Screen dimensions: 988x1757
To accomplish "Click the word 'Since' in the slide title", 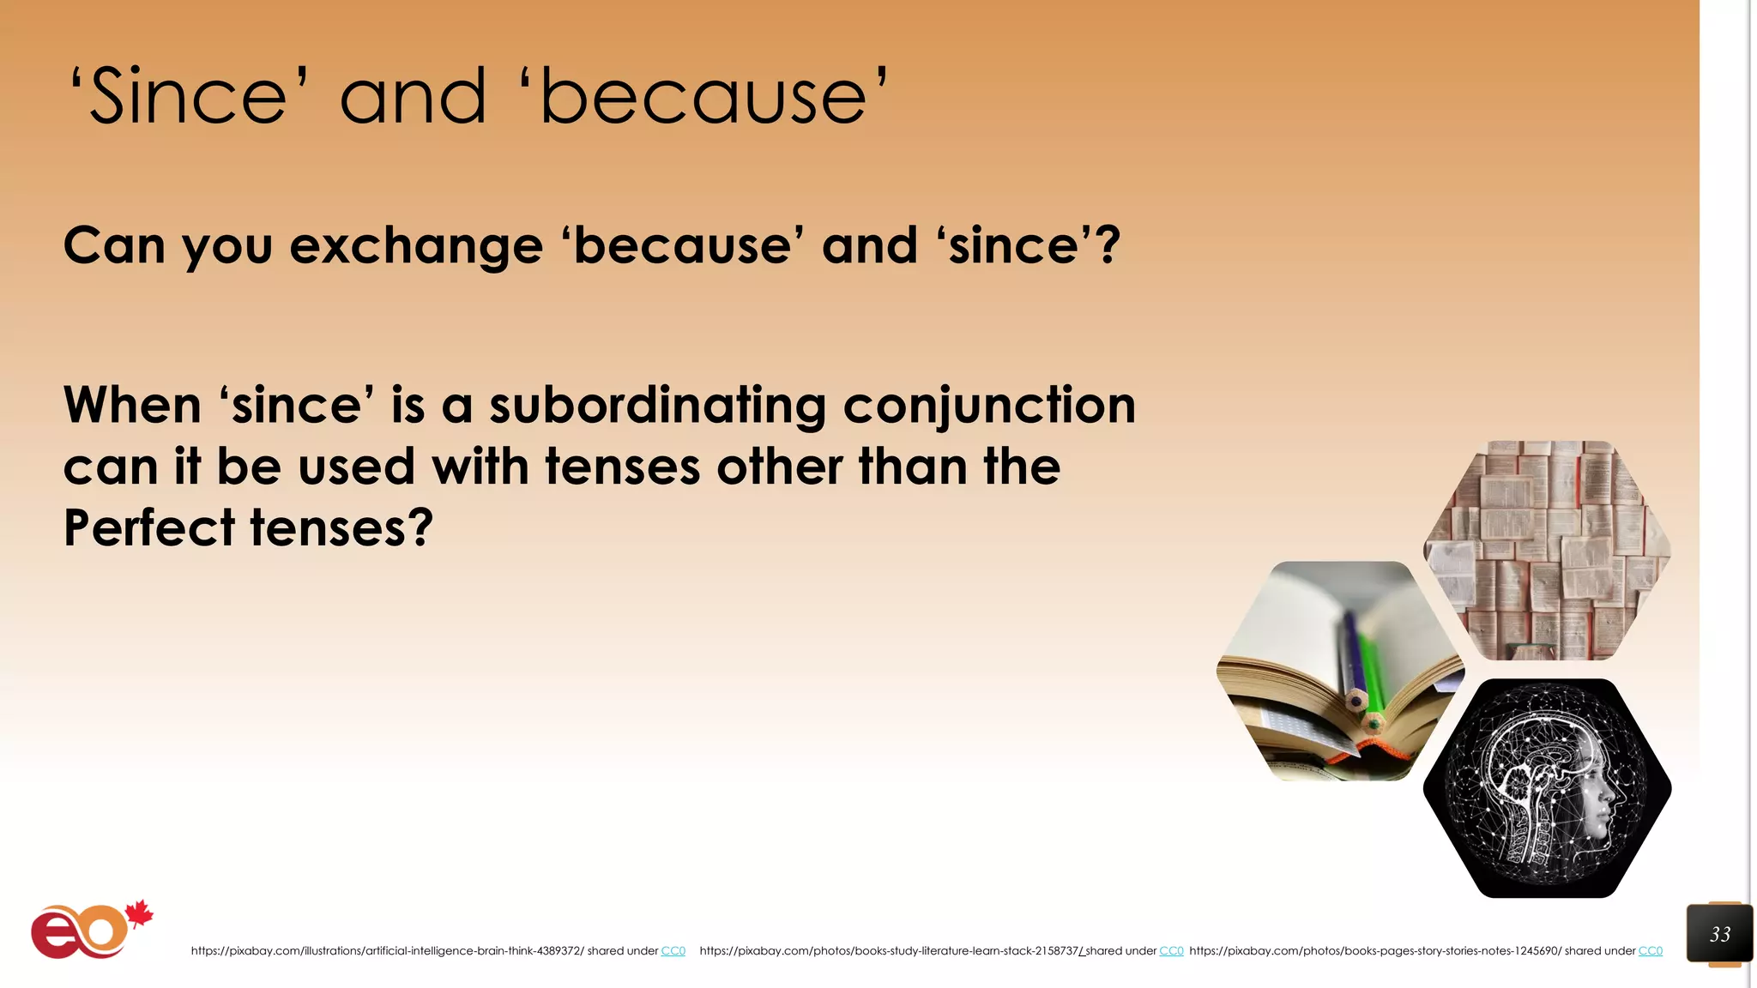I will point(189,97).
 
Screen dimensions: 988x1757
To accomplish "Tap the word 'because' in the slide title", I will point(703,97).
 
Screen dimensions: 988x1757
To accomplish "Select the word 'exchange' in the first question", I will point(417,246).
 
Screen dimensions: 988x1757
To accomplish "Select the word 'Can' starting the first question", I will point(114,246).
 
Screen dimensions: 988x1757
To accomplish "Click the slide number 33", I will point(1719,934).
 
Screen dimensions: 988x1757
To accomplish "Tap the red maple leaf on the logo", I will point(138,914).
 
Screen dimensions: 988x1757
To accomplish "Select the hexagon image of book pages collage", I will point(1547,550).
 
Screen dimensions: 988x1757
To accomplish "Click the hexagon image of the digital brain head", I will point(1547,787).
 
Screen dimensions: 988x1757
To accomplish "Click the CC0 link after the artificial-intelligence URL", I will point(673,951).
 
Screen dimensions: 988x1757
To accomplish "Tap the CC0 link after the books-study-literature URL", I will point(1171,951).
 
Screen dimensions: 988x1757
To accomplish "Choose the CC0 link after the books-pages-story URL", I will point(1650,951).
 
